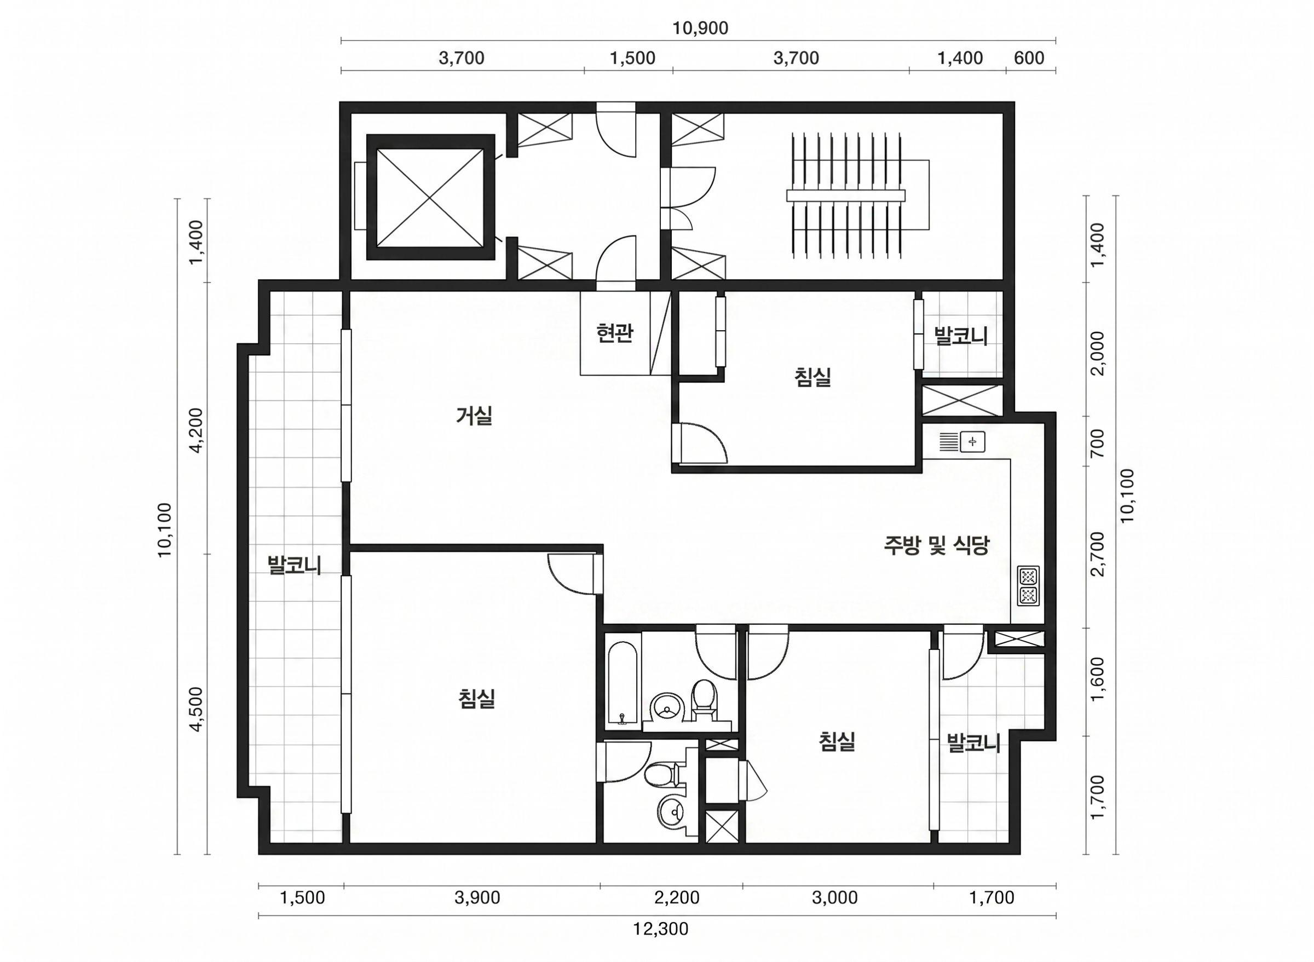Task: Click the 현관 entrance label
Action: [x=614, y=333]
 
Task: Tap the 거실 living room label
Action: [x=475, y=416]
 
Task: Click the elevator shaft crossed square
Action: [x=430, y=197]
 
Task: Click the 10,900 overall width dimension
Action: [x=700, y=28]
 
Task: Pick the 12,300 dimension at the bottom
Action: [x=661, y=929]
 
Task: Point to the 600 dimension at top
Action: [x=1029, y=58]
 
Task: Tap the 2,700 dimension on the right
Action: [x=1097, y=553]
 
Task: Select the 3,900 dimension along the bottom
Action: [x=477, y=897]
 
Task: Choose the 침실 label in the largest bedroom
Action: [x=477, y=698]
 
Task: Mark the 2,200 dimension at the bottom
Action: [x=677, y=897]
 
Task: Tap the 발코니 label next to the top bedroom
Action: [x=961, y=336]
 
